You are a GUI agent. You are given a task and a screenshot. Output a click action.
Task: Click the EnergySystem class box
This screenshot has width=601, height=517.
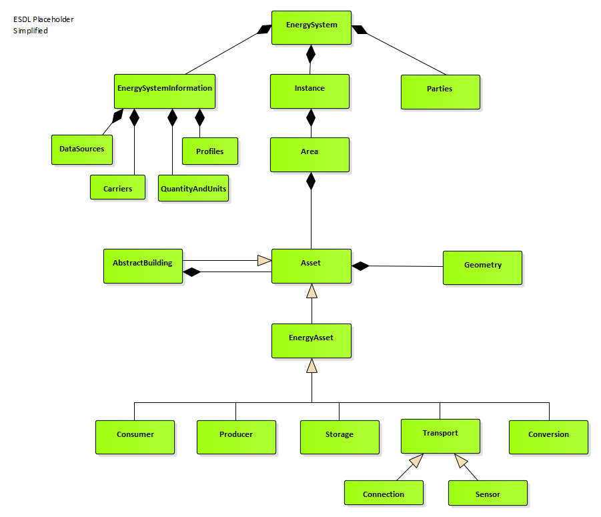point(311,27)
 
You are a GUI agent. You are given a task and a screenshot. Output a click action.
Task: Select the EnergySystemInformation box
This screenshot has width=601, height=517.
point(164,91)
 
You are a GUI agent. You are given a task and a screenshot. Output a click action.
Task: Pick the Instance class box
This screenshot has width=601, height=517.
point(310,91)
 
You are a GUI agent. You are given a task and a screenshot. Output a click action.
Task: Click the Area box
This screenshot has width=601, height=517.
point(310,154)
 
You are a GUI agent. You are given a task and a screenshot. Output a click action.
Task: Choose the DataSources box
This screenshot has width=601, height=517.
point(81,149)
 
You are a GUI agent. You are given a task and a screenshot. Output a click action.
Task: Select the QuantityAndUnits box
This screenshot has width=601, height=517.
point(193,189)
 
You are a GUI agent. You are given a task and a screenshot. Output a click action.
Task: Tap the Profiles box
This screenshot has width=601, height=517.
point(209,151)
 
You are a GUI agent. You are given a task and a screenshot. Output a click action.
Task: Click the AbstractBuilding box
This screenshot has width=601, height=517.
point(143,266)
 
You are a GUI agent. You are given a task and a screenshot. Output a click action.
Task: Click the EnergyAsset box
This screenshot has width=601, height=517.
point(311,340)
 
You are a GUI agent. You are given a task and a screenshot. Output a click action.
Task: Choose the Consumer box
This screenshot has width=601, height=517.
point(135,437)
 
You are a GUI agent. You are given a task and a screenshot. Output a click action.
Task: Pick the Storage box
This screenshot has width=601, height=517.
point(339,437)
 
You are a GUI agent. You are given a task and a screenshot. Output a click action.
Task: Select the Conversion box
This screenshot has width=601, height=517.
point(548,437)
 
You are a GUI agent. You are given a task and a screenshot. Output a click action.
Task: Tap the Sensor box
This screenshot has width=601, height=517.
point(488,494)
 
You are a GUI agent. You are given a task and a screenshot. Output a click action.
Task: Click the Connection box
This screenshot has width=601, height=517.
point(384,494)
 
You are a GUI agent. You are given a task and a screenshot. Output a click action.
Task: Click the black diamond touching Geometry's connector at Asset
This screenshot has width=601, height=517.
point(360,266)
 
